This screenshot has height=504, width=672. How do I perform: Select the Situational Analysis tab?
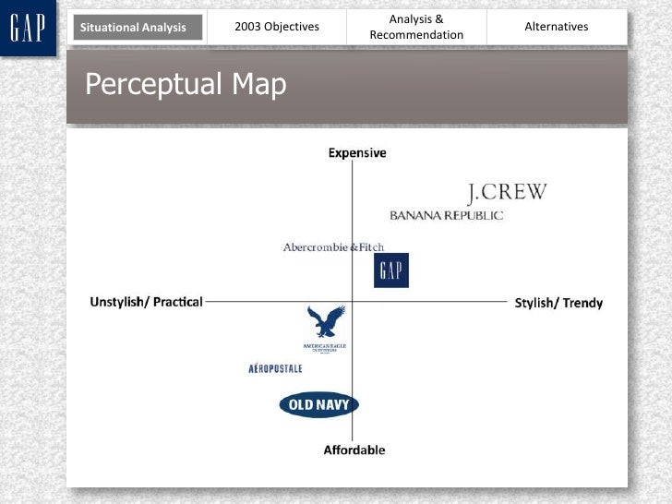(x=133, y=28)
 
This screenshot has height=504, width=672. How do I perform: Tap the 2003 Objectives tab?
(x=277, y=27)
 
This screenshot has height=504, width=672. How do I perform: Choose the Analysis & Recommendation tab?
(x=416, y=27)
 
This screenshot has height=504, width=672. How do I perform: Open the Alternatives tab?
(x=556, y=27)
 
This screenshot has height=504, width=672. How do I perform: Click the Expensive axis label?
(x=357, y=153)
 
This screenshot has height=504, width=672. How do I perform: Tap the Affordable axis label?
(x=354, y=450)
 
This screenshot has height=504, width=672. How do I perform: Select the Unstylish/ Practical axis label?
(x=146, y=302)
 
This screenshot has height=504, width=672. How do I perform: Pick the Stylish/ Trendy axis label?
(x=558, y=303)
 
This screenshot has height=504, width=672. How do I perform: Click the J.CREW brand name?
(x=507, y=193)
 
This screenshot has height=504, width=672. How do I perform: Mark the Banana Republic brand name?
(x=447, y=215)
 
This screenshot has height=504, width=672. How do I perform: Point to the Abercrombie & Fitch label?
(x=333, y=247)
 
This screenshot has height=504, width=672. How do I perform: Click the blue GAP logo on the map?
(x=391, y=270)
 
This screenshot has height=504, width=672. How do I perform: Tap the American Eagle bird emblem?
(x=325, y=323)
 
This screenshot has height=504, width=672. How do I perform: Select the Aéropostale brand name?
(x=275, y=369)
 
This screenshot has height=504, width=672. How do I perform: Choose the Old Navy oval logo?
(x=318, y=404)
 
